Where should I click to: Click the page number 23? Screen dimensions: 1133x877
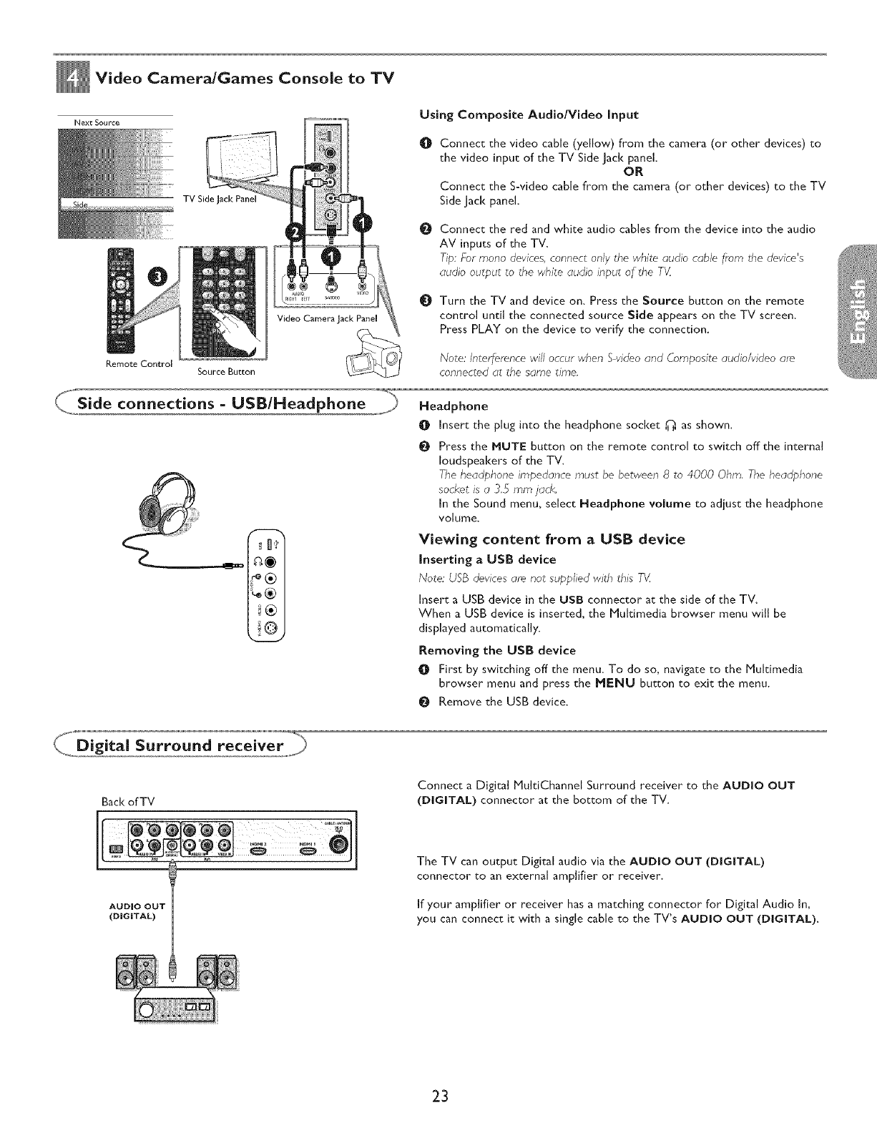click(439, 1096)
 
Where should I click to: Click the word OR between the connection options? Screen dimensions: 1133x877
click(633, 172)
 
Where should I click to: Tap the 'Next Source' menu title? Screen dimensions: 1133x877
click(97, 122)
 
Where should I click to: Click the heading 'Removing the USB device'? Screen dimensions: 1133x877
click(496, 650)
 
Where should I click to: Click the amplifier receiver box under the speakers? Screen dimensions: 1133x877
click(176, 1007)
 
